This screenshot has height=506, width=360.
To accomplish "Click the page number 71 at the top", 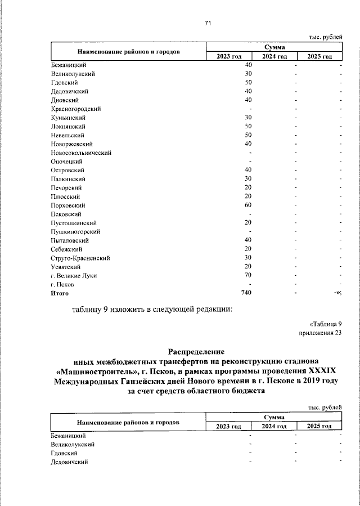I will point(208,23).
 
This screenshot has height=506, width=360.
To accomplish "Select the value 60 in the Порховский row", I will point(247,205).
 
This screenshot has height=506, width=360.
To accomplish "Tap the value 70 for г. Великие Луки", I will point(247,275).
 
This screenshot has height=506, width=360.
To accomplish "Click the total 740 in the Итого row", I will point(246,293).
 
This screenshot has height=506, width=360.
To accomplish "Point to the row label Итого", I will point(60,293).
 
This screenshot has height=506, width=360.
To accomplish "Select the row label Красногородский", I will point(75,109).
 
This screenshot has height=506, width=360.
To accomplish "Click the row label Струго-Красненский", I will point(80,258).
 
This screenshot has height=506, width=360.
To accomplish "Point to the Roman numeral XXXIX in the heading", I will point(323,372).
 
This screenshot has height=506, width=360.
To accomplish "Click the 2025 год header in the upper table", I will point(319,56).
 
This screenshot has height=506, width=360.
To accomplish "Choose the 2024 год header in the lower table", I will point(274,426).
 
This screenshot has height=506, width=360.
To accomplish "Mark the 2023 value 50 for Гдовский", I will point(247,82).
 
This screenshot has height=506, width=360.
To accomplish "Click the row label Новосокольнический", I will point(81,153).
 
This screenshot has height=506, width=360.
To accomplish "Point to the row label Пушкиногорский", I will point(75,231).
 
